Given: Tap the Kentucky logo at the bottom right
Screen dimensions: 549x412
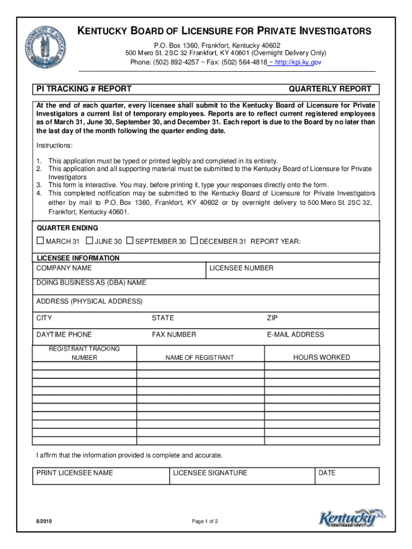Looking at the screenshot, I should point(352,519).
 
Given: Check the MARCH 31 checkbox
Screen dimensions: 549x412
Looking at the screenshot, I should point(40,241).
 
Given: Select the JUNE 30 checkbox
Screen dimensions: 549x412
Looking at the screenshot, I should point(89,241).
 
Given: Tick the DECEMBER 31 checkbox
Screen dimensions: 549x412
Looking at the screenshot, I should point(194,241).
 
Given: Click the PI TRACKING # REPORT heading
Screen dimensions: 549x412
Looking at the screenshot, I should point(84,89).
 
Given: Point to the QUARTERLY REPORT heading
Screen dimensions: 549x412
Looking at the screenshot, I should point(330,89).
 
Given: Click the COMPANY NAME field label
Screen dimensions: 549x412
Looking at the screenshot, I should point(64,268).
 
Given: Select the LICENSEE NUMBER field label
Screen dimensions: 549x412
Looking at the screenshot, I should point(241,268).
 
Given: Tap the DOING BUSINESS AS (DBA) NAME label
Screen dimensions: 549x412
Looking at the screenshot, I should point(91,283).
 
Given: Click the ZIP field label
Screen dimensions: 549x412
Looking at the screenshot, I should point(272,318).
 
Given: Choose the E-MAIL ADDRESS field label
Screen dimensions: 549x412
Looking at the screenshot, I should point(295,335).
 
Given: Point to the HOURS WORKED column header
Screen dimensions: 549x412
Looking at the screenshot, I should point(321,357).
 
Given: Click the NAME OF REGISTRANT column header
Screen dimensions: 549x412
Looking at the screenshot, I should point(200,358).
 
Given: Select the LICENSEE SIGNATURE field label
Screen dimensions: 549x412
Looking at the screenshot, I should point(210,473).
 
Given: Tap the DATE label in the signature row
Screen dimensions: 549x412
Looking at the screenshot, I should point(326,473).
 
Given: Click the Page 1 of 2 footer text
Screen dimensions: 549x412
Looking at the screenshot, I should point(204,522).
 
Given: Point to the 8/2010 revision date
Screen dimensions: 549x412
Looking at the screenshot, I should point(44,522).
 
